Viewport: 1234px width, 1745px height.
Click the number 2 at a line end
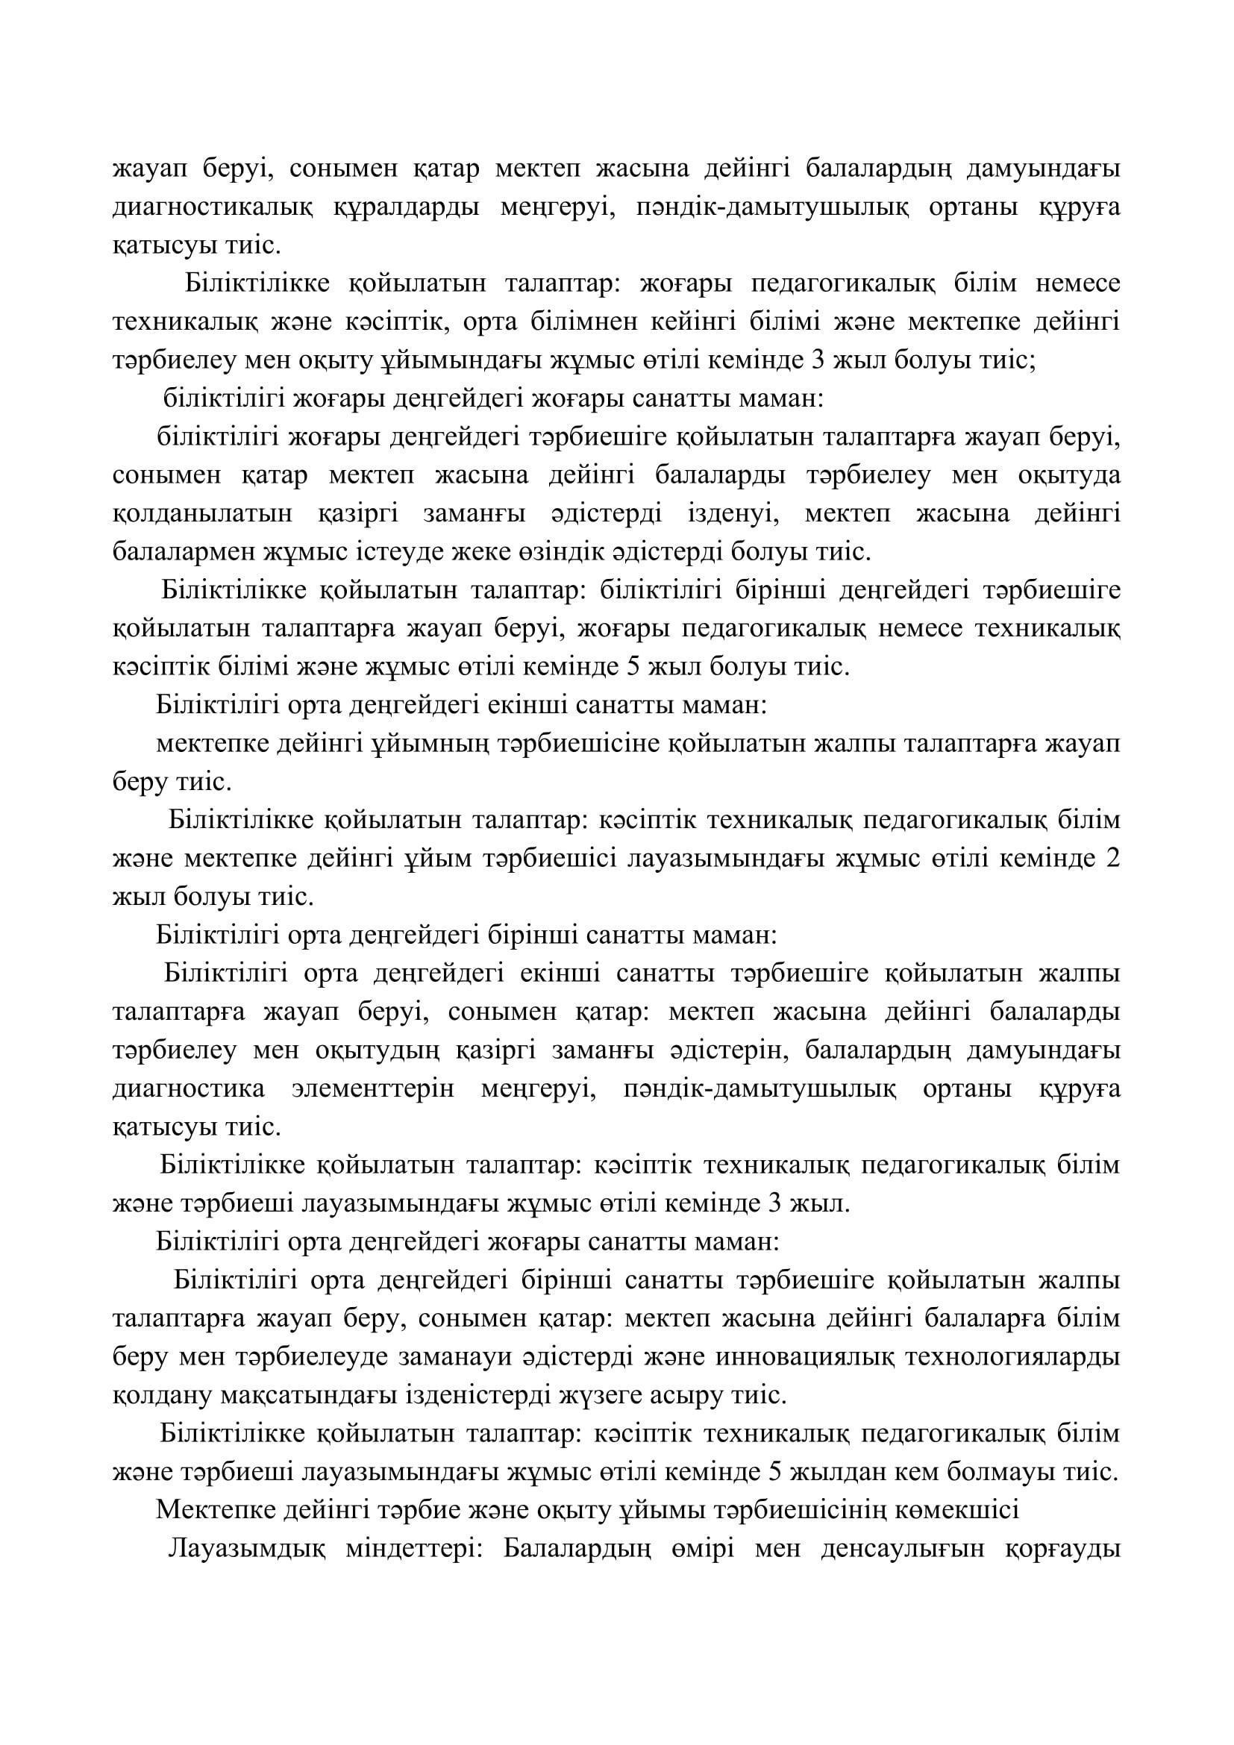tap(1112, 859)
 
